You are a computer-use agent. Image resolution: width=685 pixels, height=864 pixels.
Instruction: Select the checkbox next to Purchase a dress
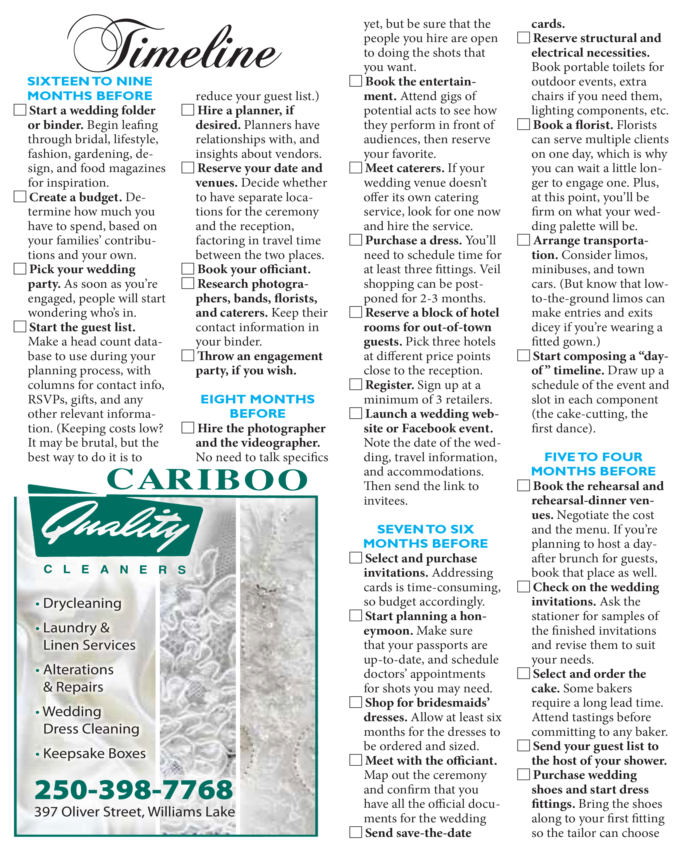(x=356, y=240)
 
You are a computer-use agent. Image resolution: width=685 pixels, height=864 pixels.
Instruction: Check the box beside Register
(x=356, y=384)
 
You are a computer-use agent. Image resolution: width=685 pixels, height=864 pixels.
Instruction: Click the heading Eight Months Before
(x=257, y=406)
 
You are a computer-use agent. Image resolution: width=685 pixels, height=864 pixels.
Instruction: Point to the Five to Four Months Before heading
(x=593, y=464)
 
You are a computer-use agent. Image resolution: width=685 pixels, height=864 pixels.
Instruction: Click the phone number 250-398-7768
(x=134, y=789)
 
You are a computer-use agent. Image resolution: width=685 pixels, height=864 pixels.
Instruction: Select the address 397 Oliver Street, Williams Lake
(x=134, y=811)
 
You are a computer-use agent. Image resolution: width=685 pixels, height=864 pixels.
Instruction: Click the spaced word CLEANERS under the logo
(x=115, y=569)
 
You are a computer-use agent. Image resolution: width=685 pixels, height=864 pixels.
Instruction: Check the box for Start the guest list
(x=20, y=326)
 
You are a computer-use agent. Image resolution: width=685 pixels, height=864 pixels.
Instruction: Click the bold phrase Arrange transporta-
(x=591, y=241)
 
